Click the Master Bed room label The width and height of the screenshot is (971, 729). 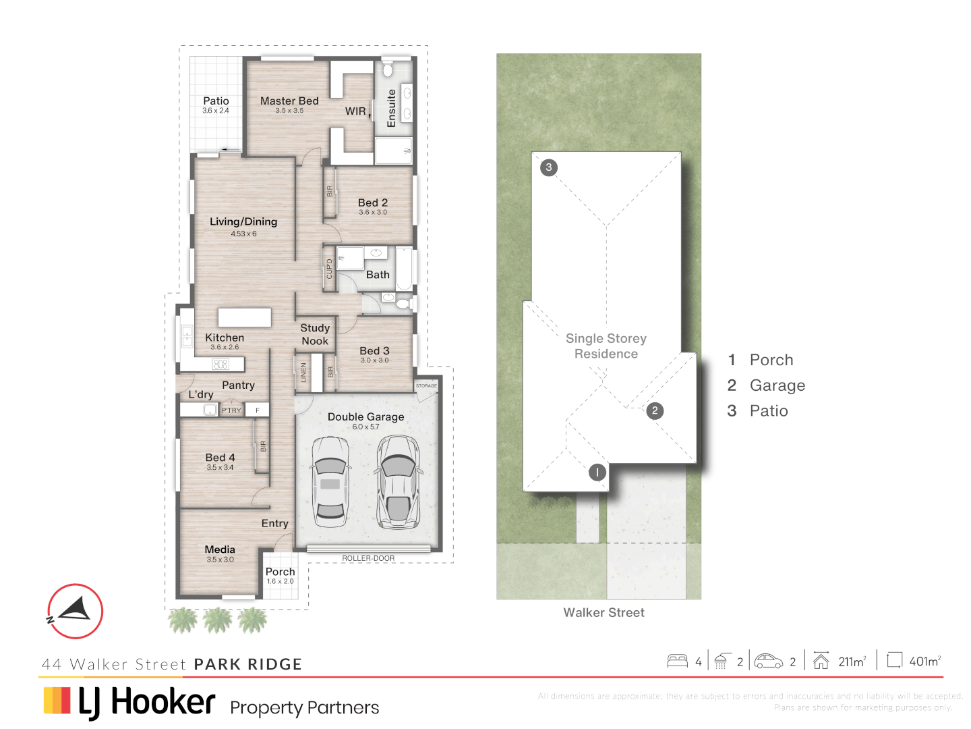289,101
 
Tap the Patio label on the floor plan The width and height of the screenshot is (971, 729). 216,101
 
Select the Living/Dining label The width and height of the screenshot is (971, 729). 243,221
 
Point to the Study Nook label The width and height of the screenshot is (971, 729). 315,334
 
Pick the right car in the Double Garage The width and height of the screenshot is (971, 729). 398,481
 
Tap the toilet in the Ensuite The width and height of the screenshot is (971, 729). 388,70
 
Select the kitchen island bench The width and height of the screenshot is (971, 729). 244,317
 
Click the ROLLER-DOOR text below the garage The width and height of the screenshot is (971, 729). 368,558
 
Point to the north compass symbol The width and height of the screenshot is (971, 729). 75,611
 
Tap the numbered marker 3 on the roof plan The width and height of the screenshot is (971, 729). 549,167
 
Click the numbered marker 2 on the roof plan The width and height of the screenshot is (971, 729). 654,410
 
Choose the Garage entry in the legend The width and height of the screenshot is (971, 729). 777,385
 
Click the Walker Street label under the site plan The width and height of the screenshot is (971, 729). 604,612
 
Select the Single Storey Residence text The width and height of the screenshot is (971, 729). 606,346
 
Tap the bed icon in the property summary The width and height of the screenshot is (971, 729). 677,661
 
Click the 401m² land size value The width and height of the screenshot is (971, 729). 924,661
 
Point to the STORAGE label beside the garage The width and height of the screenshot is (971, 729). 426,385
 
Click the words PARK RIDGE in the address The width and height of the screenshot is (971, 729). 247,664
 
